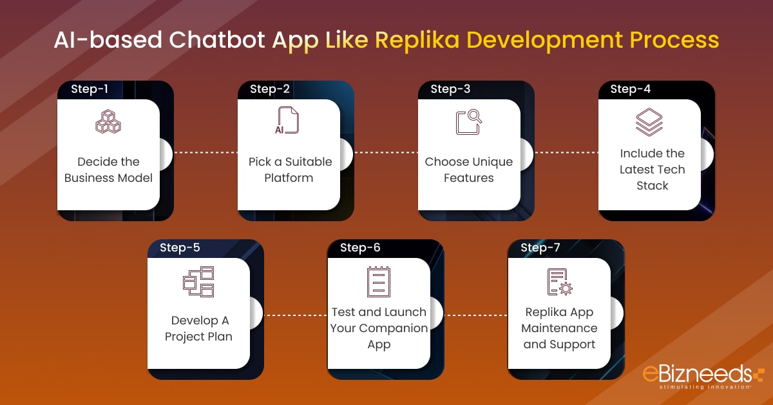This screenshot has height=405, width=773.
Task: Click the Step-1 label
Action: (89, 89)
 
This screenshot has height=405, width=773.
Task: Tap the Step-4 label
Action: (629, 89)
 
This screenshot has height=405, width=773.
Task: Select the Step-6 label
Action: (360, 248)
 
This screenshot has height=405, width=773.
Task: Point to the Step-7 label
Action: (540, 248)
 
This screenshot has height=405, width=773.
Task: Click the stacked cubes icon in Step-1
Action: (108, 121)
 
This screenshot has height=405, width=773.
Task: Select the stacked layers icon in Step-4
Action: (649, 121)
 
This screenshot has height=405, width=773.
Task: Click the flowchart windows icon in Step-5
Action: (198, 281)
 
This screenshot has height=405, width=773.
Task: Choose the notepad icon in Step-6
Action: (379, 281)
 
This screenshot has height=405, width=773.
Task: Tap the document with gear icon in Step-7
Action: (559, 281)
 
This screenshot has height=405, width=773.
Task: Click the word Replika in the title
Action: (419, 40)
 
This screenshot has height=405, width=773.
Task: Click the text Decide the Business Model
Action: (108, 170)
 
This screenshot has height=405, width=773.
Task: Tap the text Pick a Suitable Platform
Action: (290, 170)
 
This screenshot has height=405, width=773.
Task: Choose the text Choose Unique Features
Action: (469, 170)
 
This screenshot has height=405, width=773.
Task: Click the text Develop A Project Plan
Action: (199, 328)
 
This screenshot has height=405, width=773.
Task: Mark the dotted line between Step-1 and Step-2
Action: (205, 153)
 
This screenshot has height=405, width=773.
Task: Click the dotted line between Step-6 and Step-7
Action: (475, 316)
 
